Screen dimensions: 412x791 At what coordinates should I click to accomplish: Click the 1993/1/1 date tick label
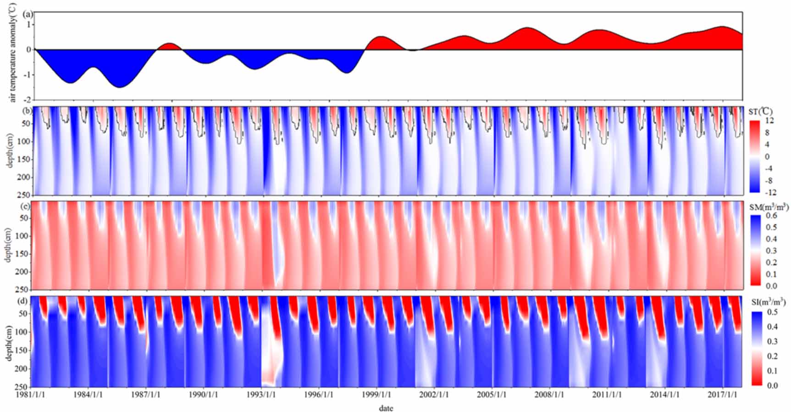[x=261, y=395]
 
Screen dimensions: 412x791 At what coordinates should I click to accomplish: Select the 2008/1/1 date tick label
[x=549, y=395]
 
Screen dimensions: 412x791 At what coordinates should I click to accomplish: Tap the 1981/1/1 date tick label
[x=31, y=395]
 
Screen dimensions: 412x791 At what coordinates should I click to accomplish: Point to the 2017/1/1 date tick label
[x=722, y=395]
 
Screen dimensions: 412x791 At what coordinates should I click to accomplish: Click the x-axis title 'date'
[x=386, y=408]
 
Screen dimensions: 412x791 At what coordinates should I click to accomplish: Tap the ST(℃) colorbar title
[x=761, y=111]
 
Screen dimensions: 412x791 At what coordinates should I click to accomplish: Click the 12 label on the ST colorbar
[x=769, y=121]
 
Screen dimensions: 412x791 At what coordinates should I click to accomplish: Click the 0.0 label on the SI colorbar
[x=772, y=385]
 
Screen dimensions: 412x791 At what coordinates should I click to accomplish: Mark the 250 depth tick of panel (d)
[x=25, y=386]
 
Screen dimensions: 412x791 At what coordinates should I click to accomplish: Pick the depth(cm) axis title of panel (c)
[x=9, y=246]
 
